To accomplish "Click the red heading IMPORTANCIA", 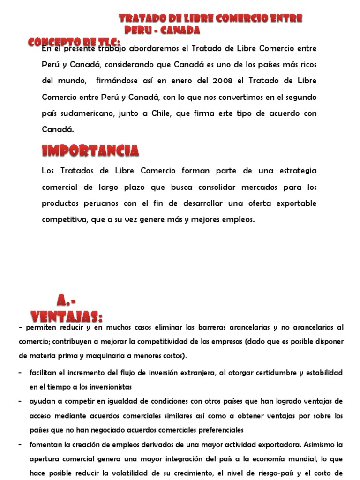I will pos(90,150).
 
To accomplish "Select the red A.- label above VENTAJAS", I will pos(67,300).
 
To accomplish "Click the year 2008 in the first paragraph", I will pos(223,81).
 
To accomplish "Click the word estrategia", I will pos(294,171).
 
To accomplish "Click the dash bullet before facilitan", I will pos(21,372).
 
